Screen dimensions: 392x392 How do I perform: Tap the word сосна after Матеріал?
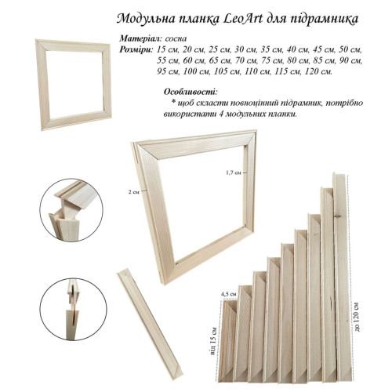176,38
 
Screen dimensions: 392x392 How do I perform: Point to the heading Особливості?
191,92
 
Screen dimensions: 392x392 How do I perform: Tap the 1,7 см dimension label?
234,172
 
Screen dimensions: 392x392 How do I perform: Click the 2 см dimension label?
134,192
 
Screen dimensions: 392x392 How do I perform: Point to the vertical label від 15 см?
213,341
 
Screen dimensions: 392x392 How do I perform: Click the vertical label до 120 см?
358,317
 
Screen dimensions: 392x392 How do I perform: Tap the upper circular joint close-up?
71,210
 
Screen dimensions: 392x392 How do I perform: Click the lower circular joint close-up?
74,310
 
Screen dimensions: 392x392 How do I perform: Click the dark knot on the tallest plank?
337,216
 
